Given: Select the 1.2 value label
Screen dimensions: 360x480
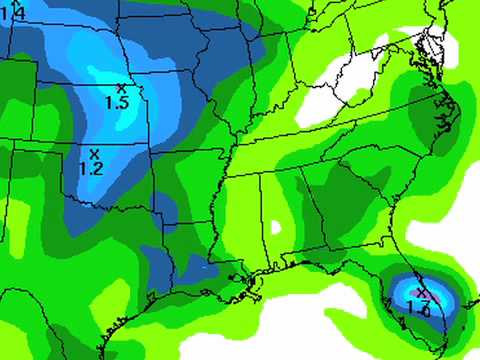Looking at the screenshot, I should click(91, 169).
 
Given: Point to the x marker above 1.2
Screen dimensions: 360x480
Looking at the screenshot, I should click(94, 154).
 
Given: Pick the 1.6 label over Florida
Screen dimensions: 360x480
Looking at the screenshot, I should click(418, 309).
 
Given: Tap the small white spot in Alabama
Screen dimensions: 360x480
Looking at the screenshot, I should click(275, 226).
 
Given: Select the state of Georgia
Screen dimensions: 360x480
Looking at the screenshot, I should click(325, 210).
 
